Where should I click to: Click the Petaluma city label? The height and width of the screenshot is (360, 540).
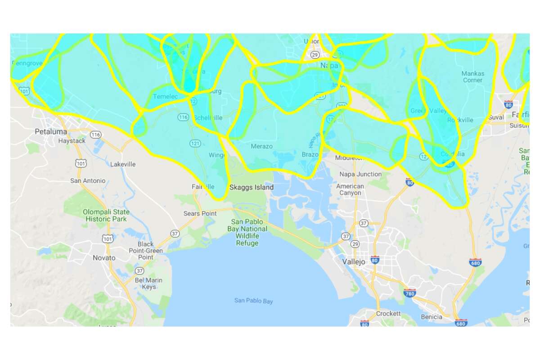click(51, 132)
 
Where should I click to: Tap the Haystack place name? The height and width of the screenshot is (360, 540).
click(72, 141)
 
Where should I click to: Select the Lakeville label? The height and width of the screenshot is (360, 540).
click(123, 164)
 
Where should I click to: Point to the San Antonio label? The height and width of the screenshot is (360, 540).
click(88, 181)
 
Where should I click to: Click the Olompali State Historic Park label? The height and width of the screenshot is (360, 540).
click(106, 216)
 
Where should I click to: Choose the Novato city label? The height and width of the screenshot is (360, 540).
click(104, 258)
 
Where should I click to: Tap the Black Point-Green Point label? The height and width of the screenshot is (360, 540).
click(146, 251)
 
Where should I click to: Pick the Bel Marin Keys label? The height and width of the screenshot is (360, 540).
click(148, 283)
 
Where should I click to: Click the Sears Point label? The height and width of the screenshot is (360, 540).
click(200, 213)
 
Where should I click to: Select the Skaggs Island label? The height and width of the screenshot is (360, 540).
click(251, 187)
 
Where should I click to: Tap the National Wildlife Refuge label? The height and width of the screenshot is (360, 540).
click(249, 232)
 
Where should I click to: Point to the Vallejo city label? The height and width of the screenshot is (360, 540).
click(355, 261)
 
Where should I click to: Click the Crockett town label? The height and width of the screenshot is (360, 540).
click(388, 313)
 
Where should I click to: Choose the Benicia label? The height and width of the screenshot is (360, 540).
click(432, 317)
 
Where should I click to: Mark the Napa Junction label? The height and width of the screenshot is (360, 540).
click(360, 174)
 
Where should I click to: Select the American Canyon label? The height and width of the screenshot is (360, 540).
click(350, 189)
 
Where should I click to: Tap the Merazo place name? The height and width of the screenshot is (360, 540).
click(261, 147)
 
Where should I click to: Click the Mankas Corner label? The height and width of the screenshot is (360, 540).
click(472, 77)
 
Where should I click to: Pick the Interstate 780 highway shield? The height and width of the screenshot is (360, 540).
click(409, 293)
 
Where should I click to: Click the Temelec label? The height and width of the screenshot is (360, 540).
click(166, 97)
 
